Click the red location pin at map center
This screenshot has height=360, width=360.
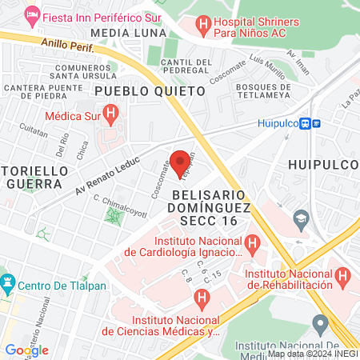180,160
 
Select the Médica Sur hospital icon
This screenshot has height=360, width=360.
111,114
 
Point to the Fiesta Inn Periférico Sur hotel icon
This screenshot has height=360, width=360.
32,14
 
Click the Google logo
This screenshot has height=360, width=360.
26,350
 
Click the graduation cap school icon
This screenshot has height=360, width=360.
301,218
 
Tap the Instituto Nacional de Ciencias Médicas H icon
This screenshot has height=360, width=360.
202,300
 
